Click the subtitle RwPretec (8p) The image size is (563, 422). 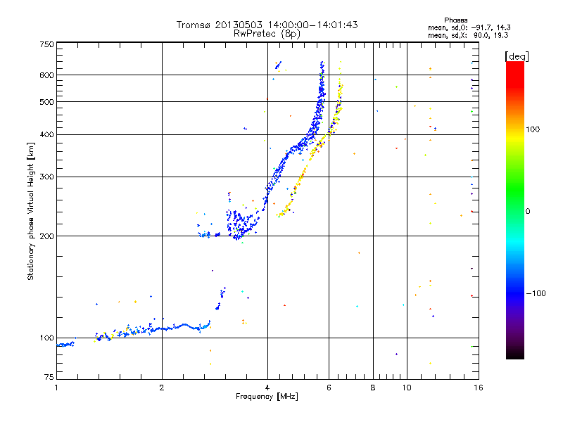pyautogui.click(x=267, y=33)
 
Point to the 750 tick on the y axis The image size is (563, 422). pyautogui.click(x=46, y=44)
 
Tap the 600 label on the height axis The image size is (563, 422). pyautogui.click(x=46, y=75)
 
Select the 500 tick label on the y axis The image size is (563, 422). pyautogui.click(x=46, y=102)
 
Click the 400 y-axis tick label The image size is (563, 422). pyautogui.click(x=46, y=134)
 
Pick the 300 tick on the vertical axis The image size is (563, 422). pyautogui.click(x=46, y=177)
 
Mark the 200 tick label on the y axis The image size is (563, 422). pyautogui.click(x=46, y=236)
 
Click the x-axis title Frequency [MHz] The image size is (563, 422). pyautogui.click(x=266, y=397)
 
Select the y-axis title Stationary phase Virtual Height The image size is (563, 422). pyautogui.click(x=31, y=211)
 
